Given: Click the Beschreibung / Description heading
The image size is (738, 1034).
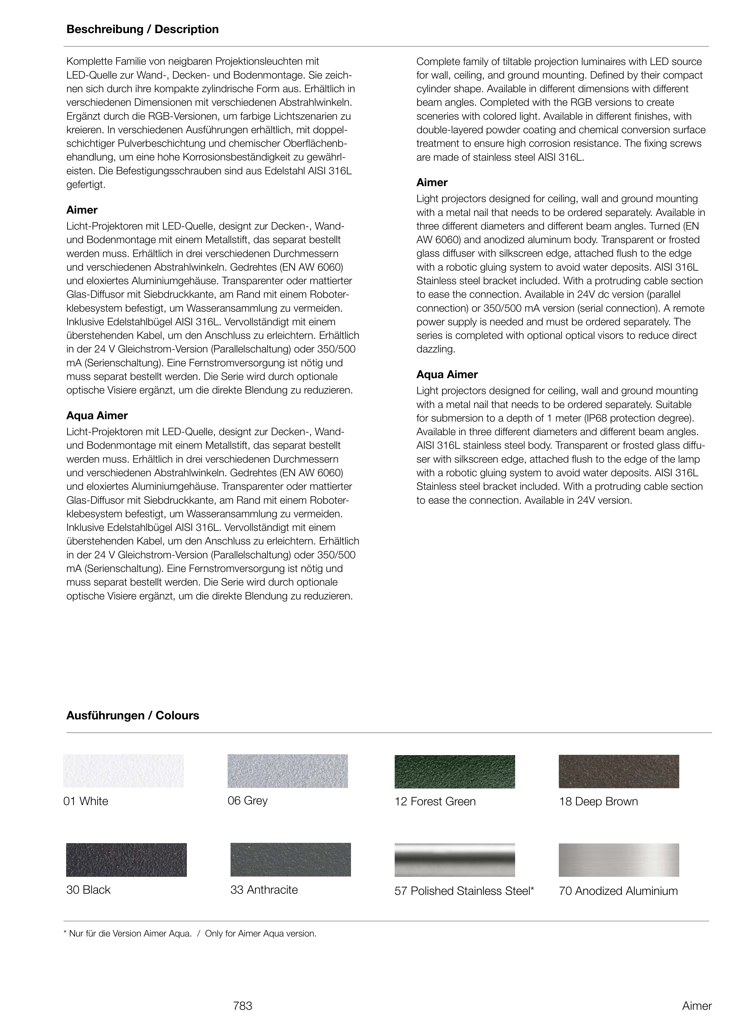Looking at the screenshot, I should click(142, 30).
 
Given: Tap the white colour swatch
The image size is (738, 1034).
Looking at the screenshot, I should click(124, 771).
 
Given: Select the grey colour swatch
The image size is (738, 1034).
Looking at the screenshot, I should click(288, 771).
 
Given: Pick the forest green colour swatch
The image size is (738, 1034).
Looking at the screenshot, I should click(454, 772).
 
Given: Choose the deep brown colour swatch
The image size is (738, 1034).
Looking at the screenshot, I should click(618, 772).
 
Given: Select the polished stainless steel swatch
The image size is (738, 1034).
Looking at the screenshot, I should click(454, 860).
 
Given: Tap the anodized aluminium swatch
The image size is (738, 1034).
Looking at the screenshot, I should click(618, 860).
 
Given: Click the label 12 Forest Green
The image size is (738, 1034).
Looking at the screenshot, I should click(435, 802).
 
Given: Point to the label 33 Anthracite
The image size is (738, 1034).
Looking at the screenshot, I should click(264, 890).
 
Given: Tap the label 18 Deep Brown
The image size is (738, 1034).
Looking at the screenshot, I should click(598, 802).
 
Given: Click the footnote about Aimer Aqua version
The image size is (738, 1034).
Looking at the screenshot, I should click(190, 934).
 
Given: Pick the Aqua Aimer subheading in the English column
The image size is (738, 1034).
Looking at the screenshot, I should click(447, 375).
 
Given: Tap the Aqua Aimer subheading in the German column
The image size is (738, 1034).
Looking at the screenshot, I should click(97, 416).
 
